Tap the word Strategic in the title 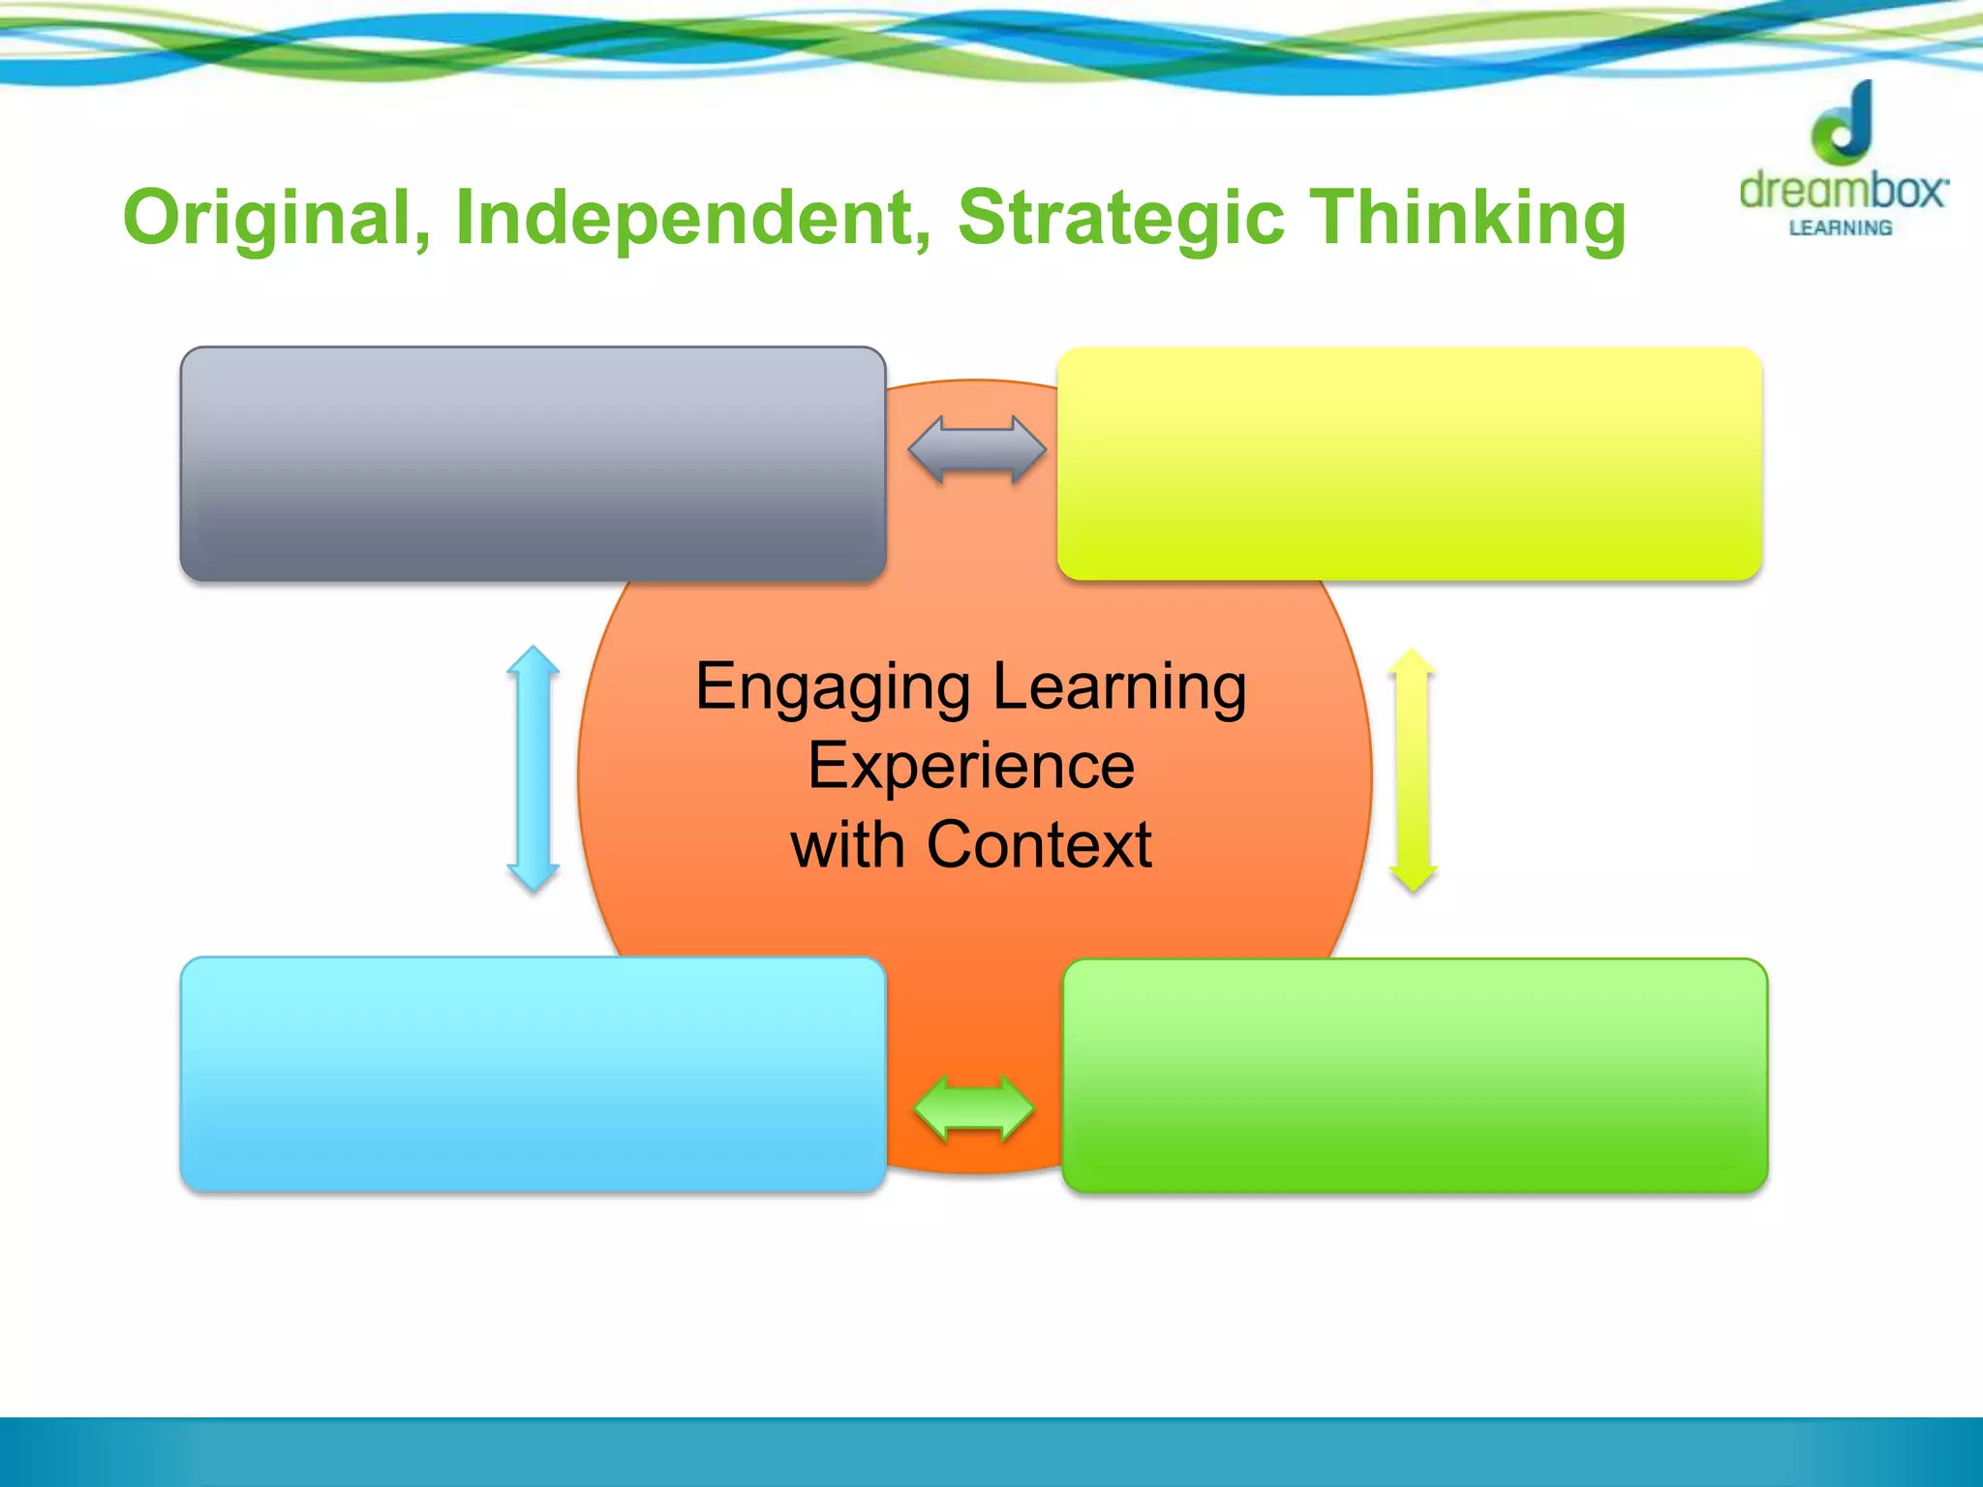pyautogui.click(x=1121, y=218)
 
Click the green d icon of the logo pyautogui.click(x=1844, y=123)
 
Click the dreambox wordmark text pyautogui.click(x=1843, y=191)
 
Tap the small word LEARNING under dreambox pyautogui.click(x=1841, y=228)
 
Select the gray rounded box pyautogui.click(x=533, y=464)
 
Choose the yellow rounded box pyautogui.click(x=1409, y=464)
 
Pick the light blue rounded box pyautogui.click(x=533, y=1074)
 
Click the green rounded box pyautogui.click(x=1415, y=1075)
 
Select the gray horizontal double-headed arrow pyautogui.click(x=976, y=450)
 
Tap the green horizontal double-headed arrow pyautogui.click(x=974, y=1109)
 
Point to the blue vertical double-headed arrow pyautogui.click(x=534, y=769)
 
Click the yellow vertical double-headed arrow pyautogui.click(x=1413, y=770)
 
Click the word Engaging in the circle pyautogui.click(x=833, y=688)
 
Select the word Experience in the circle pyautogui.click(x=971, y=766)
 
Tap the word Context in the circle pyautogui.click(x=1039, y=845)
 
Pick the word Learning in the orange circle pyautogui.click(x=1119, y=688)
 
